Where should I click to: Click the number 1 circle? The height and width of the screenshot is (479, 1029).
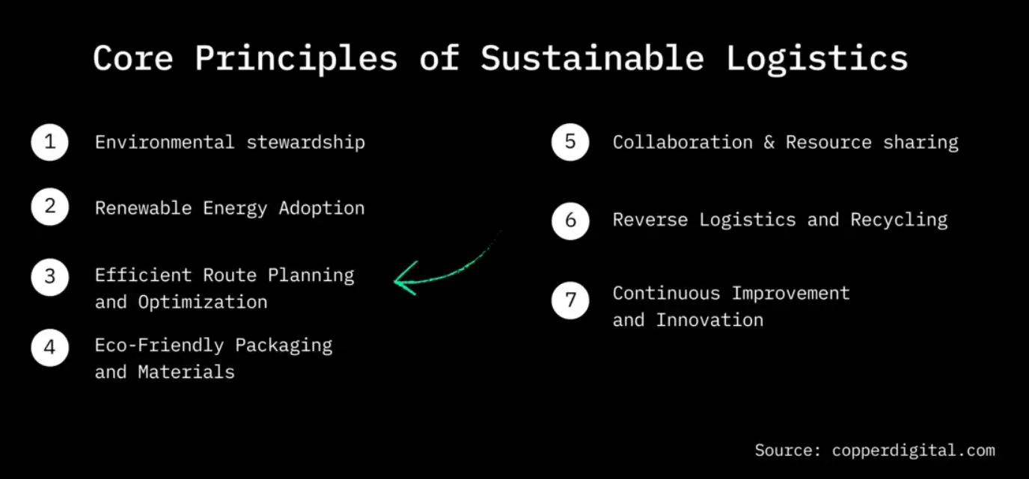pyautogui.click(x=50, y=143)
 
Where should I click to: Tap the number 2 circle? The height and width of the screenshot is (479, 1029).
pyautogui.click(x=50, y=207)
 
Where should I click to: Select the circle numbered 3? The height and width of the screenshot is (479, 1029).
pyautogui.click(x=50, y=276)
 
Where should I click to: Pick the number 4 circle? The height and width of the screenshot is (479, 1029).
pyautogui.click(x=50, y=347)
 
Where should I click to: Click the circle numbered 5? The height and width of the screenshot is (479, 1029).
pyautogui.click(x=570, y=143)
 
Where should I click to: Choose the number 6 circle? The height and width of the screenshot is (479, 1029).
pyautogui.click(x=570, y=220)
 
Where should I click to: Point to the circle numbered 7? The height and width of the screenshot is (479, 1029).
pyautogui.click(x=570, y=300)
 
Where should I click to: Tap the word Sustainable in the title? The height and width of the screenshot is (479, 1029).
pyautogui.click(x=591, y=58)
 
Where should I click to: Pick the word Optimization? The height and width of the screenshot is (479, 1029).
pyautogui.click(x=202, y=302)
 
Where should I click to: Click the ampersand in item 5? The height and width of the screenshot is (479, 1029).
pyautogui.click(x=769, y=143)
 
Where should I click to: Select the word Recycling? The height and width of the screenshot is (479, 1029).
pyautogui.click(x=899, y=220)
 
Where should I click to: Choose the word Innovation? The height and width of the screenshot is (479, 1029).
pyautogui.click(x=709, y=320)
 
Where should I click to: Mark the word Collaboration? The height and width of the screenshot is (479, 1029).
pyautogui.click(x=683, y=142)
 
